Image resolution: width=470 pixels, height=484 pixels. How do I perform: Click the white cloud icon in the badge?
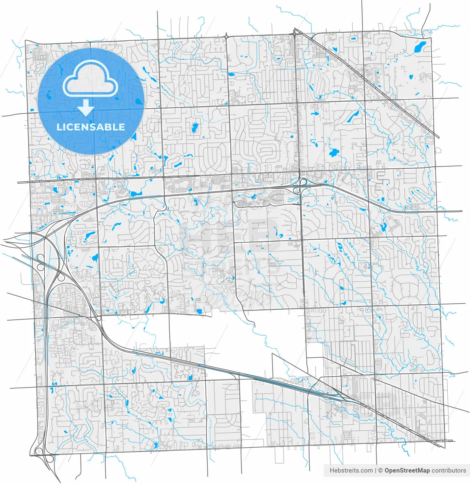tap(90, 80)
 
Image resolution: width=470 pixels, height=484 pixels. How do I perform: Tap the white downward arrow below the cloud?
tap(87, 108)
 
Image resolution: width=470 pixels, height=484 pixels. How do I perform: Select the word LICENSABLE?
tap(91, 127)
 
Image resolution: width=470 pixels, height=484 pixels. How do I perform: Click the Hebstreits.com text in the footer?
tap(351, 470)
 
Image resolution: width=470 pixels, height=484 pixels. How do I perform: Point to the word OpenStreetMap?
tap(407, 470)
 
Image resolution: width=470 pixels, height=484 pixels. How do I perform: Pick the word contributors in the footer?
tap(449, 470)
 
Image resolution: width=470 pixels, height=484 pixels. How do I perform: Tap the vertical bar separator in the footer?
tap(376, 470)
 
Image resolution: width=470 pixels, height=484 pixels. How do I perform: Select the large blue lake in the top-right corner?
tap(420, 47)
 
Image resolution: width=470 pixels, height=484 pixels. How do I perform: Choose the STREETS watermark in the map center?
tap(231, 267)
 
